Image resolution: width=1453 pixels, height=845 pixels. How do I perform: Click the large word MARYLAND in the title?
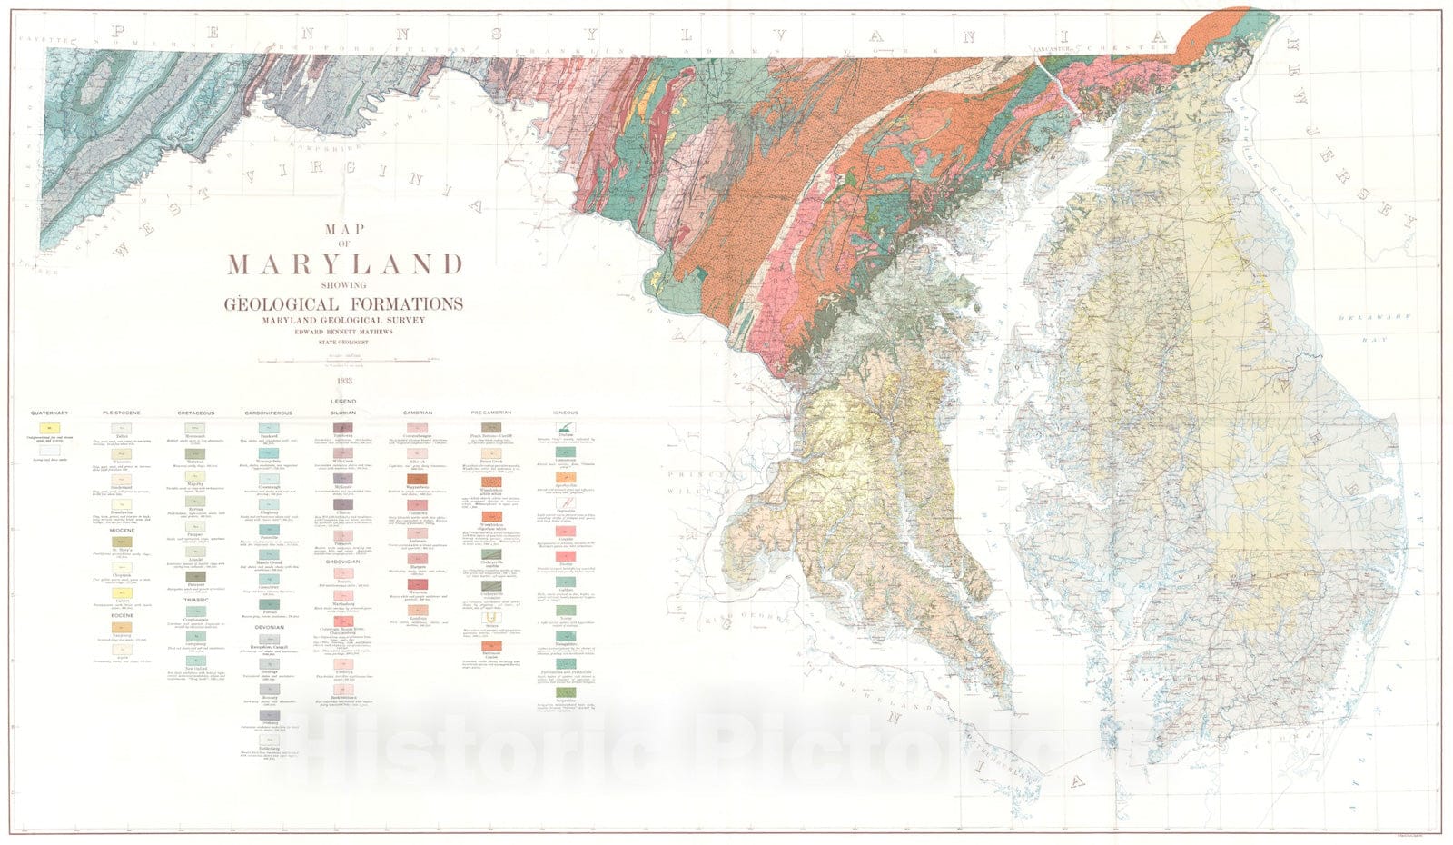[x=345, y=265]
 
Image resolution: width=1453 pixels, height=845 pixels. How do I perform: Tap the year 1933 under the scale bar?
[x=344, y=381]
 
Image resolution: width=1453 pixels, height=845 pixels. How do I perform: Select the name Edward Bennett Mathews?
[x=344, y=332]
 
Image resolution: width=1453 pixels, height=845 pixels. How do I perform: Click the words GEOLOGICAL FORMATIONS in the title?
[x=344, y=303]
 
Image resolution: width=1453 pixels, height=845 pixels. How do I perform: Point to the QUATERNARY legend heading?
[x=49, y=413]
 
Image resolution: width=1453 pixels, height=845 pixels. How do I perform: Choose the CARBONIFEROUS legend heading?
[x=269, y=413]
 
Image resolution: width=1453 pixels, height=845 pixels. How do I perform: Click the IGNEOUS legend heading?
[x=566, y=413]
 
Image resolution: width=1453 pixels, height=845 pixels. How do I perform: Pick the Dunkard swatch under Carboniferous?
[x=269, y=428]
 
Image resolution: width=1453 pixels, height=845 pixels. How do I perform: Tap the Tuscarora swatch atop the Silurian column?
[x=343, y=428]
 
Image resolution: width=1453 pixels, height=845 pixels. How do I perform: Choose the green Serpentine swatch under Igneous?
[x=566, y=692]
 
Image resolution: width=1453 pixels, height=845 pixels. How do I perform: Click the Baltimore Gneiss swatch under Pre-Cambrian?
[x=491, y=645]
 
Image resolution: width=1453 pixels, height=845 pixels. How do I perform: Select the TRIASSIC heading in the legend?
[x=196, y=600]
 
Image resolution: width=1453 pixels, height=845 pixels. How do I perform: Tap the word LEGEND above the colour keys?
[x=343, y=401]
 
